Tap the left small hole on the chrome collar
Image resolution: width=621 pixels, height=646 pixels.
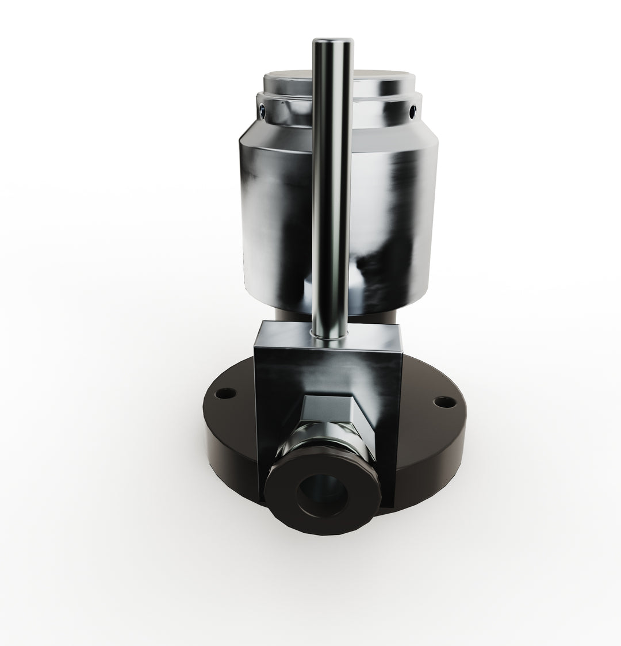(x=263, y=109)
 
